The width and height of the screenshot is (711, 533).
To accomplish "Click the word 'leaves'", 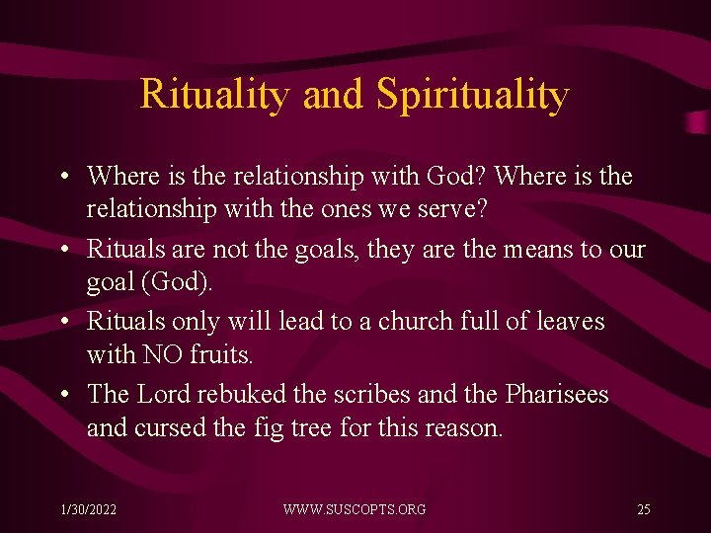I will tap(569, 322).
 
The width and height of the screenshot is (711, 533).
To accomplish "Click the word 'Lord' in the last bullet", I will tap(163, 394).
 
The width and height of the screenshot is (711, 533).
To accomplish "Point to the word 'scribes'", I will tap(373, 394).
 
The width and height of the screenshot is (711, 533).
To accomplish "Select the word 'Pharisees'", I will tap(557, 394).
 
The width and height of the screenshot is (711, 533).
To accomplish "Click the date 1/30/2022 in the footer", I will tap(88, 509).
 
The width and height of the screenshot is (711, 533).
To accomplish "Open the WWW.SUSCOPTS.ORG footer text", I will tap(355, 509).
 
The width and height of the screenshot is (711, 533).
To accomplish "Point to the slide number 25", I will tap(643, 509).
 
